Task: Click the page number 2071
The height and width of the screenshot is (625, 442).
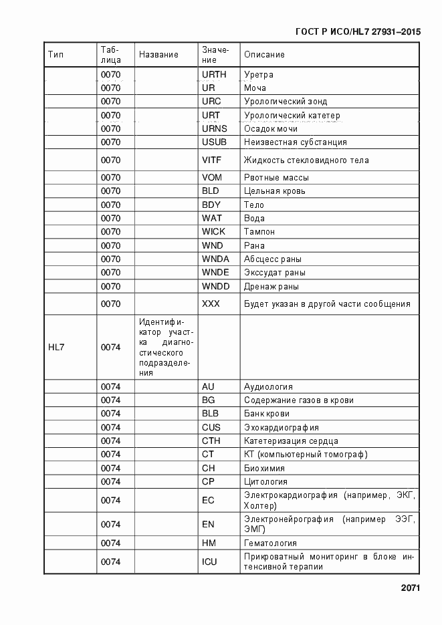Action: pos(410,588)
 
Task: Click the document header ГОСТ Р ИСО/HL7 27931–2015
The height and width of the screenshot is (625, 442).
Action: pos(357,31)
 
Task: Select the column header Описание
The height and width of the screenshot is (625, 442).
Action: pos(264,55)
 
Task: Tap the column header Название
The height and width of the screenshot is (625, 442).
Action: pos(158,55)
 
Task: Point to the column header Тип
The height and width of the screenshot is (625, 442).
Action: pos(56,55)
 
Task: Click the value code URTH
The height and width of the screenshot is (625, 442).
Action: pos(214,74)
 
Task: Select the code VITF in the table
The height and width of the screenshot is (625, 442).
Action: pos(211,160)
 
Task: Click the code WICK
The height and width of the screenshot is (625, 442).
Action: pos(214,232)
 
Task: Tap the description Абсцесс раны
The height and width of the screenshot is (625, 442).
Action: pos(272,259)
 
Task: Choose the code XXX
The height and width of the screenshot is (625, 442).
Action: pos(211,304)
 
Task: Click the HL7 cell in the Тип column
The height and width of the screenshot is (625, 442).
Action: pos(56,347)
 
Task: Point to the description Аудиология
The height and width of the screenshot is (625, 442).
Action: pos(268,387)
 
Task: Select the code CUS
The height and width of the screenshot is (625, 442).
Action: pos(211,428)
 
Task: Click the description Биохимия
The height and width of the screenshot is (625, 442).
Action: pos(264,469)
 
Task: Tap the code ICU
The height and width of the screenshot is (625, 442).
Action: pos(209,562)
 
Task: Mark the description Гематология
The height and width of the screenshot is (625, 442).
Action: pos(270,543)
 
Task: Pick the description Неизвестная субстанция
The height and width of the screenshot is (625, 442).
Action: pos(295,142)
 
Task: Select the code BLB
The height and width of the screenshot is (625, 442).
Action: pos(210,414)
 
